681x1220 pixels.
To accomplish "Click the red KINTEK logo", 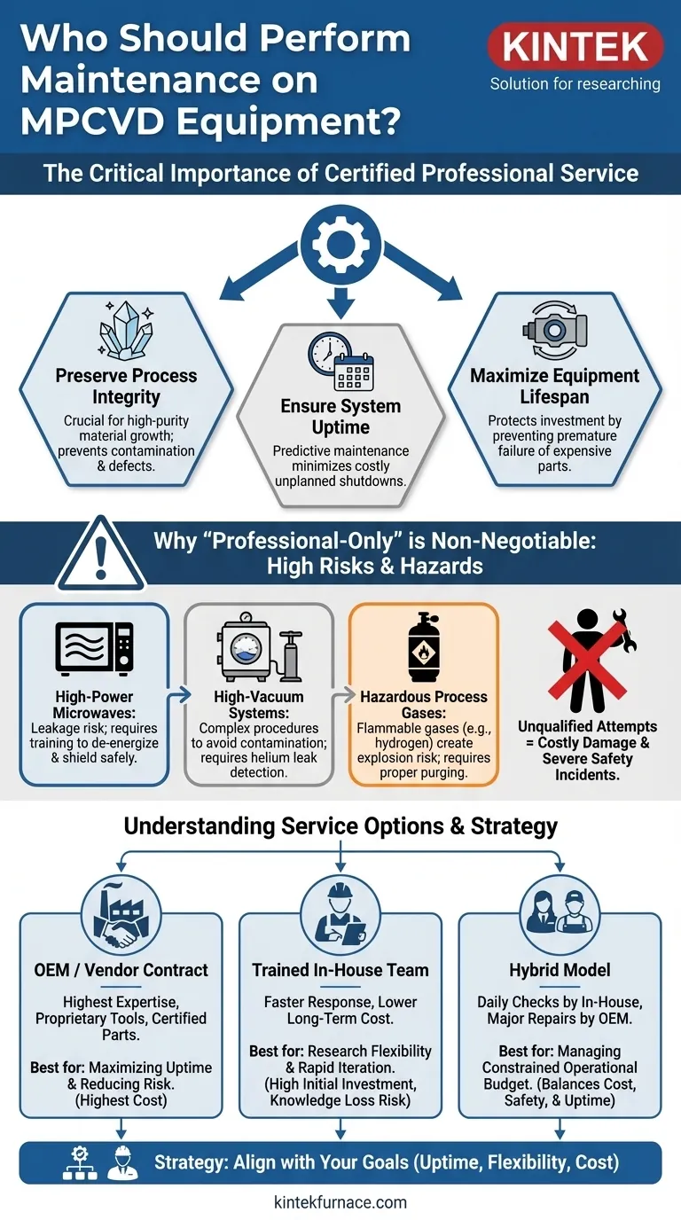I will pos(575,47).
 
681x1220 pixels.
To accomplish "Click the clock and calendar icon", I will pos(340,361).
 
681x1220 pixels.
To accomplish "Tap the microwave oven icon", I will pos(94,648).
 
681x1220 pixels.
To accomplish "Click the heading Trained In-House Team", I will pos(340,970).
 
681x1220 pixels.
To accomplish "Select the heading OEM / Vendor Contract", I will pos(121,970).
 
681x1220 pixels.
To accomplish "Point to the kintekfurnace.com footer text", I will pos(340,1202).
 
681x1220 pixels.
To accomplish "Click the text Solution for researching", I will pos(575,84).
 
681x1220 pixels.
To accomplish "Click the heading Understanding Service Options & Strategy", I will pos(340,826).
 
